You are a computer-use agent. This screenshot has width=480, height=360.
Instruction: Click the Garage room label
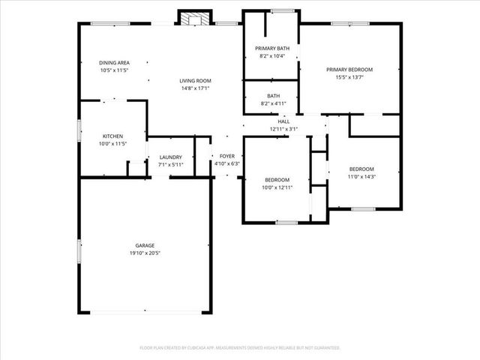[x=145, y=245]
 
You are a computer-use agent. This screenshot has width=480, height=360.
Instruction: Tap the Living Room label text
[x=195, y=80]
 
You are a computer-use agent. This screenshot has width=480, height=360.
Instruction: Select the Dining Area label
[x=114, y=62]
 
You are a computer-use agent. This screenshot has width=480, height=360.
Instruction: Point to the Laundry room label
[x=171, y=157]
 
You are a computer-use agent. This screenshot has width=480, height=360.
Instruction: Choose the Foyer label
[x=226, y=156]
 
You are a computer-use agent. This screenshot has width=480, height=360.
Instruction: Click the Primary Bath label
[x=271, y=48]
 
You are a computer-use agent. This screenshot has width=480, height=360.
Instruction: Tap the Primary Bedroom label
[x=349, y=69]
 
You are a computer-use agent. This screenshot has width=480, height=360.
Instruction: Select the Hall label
[x=283, y=121]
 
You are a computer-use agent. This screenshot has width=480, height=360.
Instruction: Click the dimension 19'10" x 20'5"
[x=145, y=253]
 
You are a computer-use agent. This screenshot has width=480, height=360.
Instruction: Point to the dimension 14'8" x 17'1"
[x=195, y=88]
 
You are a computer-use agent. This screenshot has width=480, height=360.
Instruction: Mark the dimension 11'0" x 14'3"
[x=361, y=176]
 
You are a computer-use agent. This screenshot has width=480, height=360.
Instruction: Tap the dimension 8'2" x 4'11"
[x=273, y=103]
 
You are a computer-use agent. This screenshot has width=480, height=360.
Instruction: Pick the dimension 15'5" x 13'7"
[x=349, y=76]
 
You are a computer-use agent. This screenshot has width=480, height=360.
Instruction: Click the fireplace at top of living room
[x=193, y=17]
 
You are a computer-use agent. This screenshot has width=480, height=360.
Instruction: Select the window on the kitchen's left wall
[x=80, y=128]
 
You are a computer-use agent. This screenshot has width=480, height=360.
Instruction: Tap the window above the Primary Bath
[x=282, y=10]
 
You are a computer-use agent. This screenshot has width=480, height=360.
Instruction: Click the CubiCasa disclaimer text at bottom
[x=240, y=348]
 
